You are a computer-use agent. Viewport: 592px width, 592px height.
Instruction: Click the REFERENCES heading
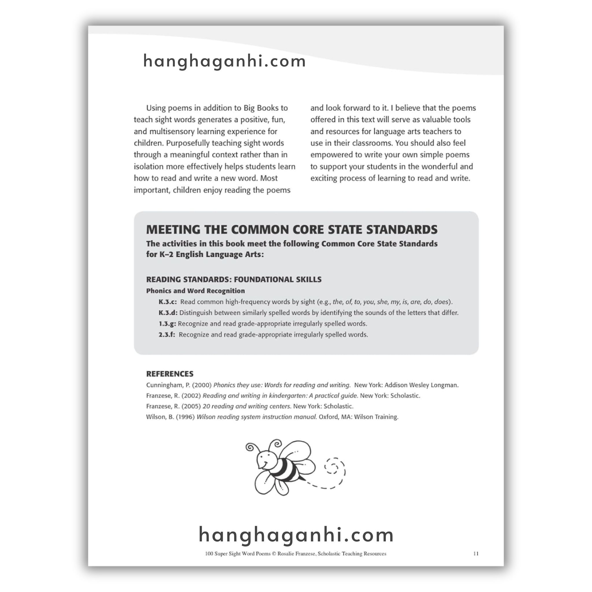(x=169, y=374)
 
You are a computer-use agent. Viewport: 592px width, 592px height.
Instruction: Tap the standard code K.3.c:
(x=168, y=302)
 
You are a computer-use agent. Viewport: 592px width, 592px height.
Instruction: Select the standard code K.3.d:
(x=168, y=313)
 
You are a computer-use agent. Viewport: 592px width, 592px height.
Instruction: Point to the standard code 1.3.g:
(x=167, y=323)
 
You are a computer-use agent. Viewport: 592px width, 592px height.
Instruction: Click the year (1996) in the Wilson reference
(x=185, y=417)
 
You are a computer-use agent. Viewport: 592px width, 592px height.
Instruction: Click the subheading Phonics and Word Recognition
(x=195, y=291)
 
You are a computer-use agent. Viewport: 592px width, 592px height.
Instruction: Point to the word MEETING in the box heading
(x=173, y=230)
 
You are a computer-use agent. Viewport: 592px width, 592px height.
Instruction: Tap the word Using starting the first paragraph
(x=156, y=108)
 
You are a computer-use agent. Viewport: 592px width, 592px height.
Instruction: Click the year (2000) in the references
(x=202, y=385)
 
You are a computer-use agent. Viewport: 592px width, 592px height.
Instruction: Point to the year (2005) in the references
(x=191, y=406)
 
